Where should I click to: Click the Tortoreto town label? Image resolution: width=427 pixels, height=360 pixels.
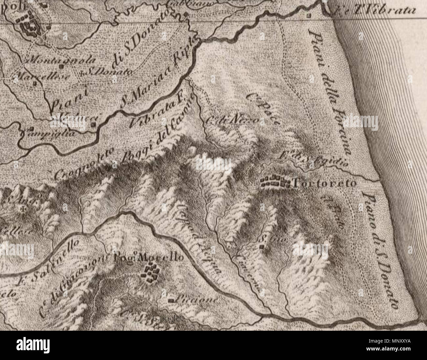324,183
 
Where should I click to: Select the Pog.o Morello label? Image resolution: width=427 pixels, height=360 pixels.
148,258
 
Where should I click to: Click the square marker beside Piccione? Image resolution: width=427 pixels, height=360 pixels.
170,300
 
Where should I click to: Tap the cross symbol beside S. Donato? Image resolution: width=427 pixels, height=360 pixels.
82,73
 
